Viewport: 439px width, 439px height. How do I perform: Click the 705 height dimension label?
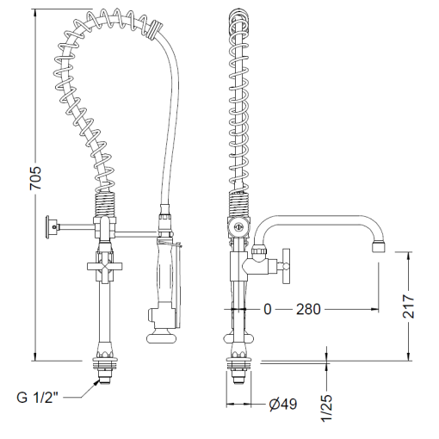pyautogui.click(x=36, y=177)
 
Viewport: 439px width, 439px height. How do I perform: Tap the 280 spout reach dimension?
pyautogui.click(x=308, y=310)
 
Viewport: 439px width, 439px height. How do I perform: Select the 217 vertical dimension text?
pyautogui.click(x=409, y=306)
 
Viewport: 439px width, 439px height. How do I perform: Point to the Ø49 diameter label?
pyautogui.click(x=283, y=405)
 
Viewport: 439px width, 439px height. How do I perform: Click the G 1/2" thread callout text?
pyautogui.click(x=38, y=398)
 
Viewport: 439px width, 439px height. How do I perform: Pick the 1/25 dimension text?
pyautogui.click(x=326, y=408)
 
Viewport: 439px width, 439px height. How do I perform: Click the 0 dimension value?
pyautogui.click(x=267, y=310)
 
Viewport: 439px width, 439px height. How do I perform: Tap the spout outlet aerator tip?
pyautogui.click(x=379, y=246)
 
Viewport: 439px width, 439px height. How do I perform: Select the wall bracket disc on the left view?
pyautogui.click(x=48, y=227)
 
